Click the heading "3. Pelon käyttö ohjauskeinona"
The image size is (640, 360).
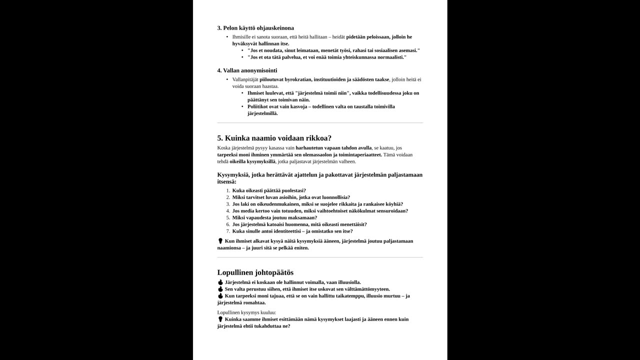coord(255,28)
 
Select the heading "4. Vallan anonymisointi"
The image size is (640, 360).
coord(247,70)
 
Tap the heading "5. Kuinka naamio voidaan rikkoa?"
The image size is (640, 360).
coord(274,138)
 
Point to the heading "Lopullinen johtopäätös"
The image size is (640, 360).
coord(255,272)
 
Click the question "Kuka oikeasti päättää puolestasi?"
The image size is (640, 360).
coord(269,190)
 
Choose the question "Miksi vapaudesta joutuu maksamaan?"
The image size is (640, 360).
coord(274,217)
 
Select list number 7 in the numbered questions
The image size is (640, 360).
coord(228,231)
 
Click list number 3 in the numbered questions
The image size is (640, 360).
coord(228,204)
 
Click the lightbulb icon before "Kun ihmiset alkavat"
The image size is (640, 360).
coord(220,241)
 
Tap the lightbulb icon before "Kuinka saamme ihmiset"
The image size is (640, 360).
coord(220,319)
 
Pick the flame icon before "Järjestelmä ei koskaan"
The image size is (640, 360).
coord(220,282)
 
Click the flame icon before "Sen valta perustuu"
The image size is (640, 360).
coord(220,289)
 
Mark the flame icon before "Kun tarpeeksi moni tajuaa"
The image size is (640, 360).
coord(220,296)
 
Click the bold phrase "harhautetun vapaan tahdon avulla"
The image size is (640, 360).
coord(333,148)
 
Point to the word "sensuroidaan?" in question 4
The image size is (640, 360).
coord(391,210)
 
